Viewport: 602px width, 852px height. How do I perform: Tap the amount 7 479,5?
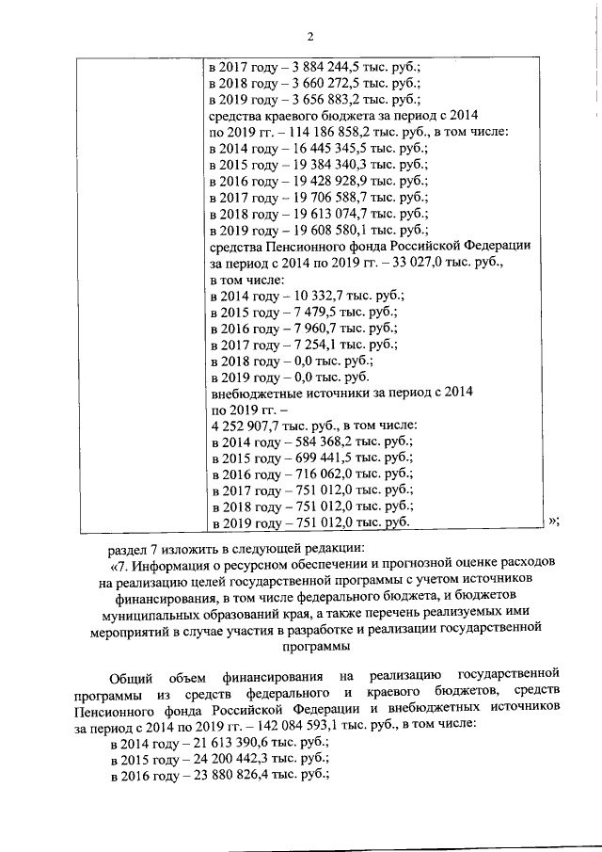tap(306, 312)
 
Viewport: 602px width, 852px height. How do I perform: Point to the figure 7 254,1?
tap(306, 345)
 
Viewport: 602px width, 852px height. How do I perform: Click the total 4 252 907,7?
tap(250, 426)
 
